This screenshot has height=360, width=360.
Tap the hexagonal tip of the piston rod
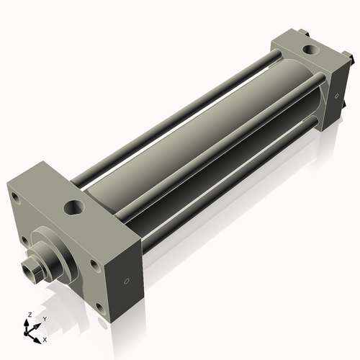[x=30, y=270]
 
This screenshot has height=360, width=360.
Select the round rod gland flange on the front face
[x=53, y=251]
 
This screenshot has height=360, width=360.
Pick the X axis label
[x=45, y=338]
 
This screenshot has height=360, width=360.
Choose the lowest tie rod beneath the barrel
[x=230, y=180]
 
